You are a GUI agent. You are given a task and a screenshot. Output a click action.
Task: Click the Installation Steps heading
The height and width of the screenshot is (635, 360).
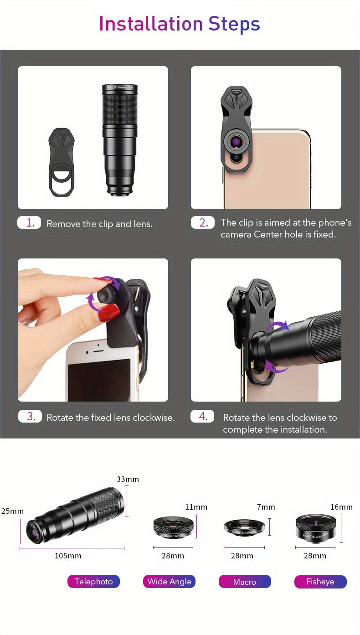(x=180, y=24)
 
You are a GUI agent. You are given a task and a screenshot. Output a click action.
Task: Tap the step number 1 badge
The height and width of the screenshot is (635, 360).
(x=29, y=222)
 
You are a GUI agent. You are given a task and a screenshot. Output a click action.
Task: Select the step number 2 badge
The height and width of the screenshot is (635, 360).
(x=203, y=222)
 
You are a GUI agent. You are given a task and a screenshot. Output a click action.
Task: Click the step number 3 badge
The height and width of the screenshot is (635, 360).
(x=30, y=416)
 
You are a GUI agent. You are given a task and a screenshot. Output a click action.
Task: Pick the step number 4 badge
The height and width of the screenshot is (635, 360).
(x=202, y=416)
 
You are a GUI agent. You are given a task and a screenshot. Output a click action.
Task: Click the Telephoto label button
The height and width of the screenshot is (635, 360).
(x=93, y=582)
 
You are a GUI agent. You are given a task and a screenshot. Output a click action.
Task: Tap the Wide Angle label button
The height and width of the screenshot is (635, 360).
(x=169, y=582)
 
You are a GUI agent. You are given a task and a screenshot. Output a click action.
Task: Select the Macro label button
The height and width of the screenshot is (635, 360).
(x=245, y=582)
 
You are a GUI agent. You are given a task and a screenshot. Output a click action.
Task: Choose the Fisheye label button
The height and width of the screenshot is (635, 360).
(x=320, y=582)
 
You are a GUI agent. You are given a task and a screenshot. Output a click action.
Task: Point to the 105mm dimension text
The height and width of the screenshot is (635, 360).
(x=68, y=556)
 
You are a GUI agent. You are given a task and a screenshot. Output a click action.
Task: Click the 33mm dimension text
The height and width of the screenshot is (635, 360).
(x=128, y=479)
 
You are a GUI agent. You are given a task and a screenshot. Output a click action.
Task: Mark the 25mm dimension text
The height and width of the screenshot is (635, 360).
(x=12, y=511)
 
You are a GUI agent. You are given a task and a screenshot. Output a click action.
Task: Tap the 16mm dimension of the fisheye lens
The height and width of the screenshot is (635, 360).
(x=341, y=507)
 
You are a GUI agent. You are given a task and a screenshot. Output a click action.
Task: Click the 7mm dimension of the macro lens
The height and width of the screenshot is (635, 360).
(x=266, y=507)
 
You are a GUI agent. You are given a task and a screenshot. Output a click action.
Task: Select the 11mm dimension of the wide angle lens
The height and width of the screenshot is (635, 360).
(x=196, y=507)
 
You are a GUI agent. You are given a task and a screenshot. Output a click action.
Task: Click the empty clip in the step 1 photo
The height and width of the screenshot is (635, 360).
(x=62, y=162)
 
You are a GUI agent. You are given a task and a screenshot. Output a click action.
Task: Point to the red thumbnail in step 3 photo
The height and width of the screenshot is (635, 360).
(x=109, y=312)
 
